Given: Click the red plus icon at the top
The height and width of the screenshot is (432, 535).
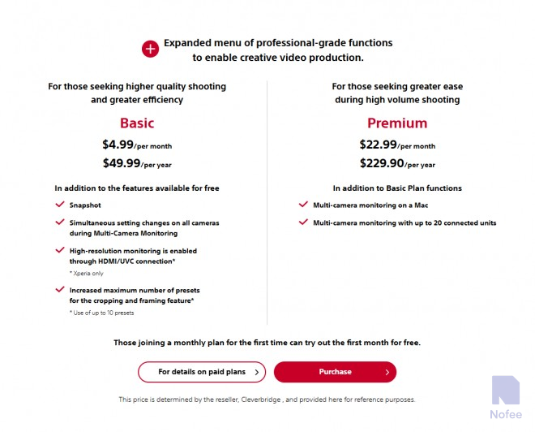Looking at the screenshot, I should (151, 50).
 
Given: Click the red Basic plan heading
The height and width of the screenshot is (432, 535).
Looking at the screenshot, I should (137, 123).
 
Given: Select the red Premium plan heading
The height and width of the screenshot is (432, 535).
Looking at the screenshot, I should (397, 123).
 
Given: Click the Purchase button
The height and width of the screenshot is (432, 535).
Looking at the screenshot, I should (335, 372).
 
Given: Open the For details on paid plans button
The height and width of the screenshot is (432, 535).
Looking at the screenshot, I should (201, 372).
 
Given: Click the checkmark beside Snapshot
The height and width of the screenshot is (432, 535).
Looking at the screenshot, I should (59, 205).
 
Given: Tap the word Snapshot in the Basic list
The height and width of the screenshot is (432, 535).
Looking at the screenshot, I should (85, 205).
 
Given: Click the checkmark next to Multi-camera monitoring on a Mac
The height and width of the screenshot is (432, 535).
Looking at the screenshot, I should (303, 205).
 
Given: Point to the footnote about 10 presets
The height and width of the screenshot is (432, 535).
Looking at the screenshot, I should (101, 313).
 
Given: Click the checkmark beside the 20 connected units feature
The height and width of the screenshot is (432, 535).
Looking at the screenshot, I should (303, 222).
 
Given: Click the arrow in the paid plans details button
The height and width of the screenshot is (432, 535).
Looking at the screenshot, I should (257, 372).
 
